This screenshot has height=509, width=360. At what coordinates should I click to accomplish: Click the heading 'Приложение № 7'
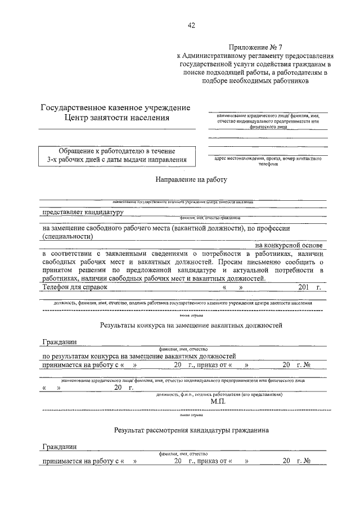pos(254,47)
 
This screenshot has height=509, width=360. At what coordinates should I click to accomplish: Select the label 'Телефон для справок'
pos(75,287)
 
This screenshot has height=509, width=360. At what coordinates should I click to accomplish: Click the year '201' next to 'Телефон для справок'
pos(303,287)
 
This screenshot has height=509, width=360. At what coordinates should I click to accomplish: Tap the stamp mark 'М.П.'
pos(218,402)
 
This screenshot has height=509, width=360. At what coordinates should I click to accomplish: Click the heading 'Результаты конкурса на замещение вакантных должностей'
pos(191,325)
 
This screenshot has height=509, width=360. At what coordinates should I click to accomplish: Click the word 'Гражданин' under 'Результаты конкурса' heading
pos(59,341)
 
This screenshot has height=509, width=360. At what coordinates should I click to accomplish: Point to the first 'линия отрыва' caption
pos(183,316)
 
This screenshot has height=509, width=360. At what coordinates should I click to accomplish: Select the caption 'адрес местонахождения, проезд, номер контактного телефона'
pos(268,161)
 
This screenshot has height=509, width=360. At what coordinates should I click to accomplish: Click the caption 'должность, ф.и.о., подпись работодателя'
pos(219,395)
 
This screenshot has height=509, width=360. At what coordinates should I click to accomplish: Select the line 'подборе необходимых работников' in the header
pos(256,80)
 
